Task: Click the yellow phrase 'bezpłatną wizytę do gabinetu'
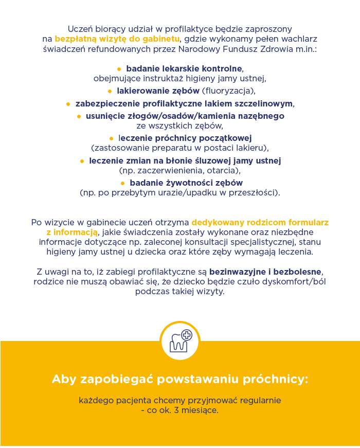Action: (117, 39)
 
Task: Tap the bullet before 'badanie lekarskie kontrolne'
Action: (119, 68)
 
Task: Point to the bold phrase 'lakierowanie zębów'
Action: (158, 91)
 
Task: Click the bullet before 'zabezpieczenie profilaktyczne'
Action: (68, 104)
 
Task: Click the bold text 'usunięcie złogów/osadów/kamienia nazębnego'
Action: (185, 116)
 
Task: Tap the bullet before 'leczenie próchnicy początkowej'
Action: (111, 138)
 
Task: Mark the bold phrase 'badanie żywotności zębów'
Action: (186, 183)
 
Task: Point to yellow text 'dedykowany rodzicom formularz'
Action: (260, 223)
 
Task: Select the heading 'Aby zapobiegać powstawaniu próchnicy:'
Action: (180, 380)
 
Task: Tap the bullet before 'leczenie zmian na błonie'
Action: (82, 161)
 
